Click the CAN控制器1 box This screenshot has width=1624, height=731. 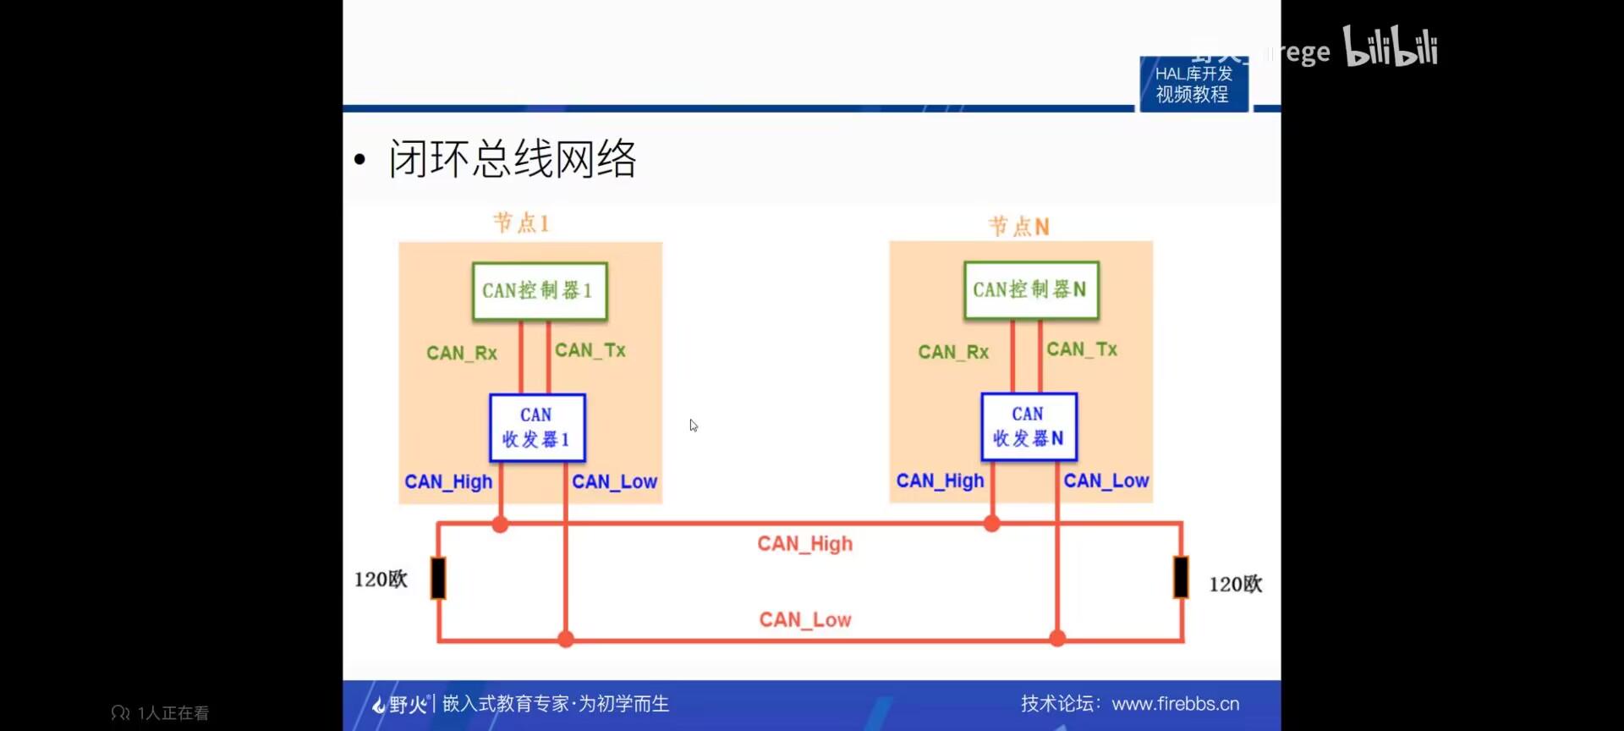point(539,291)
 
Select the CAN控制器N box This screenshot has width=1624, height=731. point(1030,290)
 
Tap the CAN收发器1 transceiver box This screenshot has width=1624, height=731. point(537,427)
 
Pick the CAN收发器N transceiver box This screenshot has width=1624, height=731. point(1029,426)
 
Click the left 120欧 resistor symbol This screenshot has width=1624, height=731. point(438,578)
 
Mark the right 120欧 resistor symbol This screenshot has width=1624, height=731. point(1181,577)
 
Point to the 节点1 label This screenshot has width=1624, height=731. point(521,223)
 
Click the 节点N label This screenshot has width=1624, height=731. point(1018,226)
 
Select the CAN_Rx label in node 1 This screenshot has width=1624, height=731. point(462,353)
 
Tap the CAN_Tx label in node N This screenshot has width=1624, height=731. point(1082,349)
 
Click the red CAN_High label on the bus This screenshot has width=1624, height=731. point(804,544)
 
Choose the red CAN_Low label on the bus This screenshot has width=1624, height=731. point(804,620)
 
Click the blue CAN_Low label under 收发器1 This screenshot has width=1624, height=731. point(614,481)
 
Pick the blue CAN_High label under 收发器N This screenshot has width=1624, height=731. point(940,481)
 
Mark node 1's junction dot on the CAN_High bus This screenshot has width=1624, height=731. point(500,525)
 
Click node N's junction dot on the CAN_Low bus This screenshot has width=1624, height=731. point(1057,638)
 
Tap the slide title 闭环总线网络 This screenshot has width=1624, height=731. point(512,158)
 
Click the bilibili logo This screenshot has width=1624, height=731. point(1391,47)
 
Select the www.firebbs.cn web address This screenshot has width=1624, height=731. point(1175,704)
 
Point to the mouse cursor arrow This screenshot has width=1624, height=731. point(693,425)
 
